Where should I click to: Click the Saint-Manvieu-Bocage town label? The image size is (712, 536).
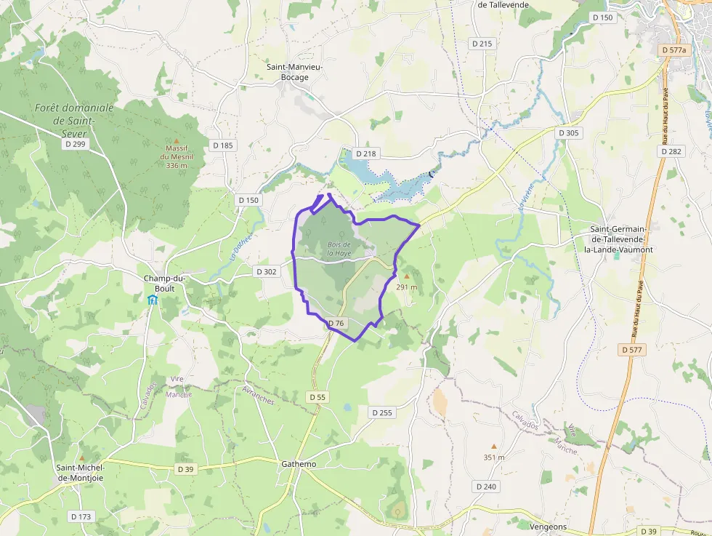point(294,72)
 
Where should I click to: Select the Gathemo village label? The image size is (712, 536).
point(299,464)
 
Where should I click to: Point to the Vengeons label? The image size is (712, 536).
point(549,527)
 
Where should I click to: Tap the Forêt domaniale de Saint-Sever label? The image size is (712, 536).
point(74,120)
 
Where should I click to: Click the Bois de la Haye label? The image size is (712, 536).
point(339,249)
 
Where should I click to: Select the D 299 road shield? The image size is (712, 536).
point(75,144)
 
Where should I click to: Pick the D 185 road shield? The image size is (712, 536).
point(223,145)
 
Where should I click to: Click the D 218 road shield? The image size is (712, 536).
point(366,153)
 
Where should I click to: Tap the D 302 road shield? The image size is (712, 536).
point(267,271)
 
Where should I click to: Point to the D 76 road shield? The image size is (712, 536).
point(335,323)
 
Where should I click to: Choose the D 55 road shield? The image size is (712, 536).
point(317,397)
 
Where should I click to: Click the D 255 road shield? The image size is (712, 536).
point(382,412)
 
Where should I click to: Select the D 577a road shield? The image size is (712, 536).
point(674,49)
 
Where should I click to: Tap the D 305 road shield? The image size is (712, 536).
point(569,133)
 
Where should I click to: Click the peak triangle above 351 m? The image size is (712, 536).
point(494,446)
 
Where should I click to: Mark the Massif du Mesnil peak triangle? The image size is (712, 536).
point(176,140)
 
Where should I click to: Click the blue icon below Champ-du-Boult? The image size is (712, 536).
point(153,300)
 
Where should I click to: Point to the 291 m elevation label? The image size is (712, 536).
point(407,287)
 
